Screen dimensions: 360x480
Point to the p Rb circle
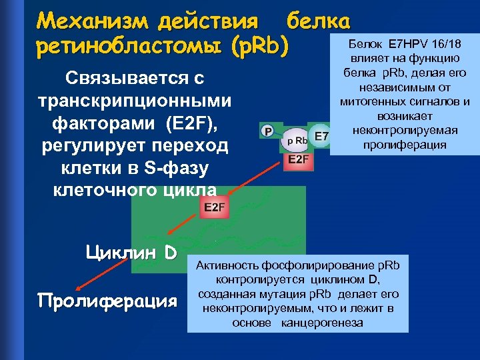(x=296, y=141)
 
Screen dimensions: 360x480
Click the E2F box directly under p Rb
(x=298, y=159)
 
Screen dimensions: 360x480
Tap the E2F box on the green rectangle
(x=215, y=207)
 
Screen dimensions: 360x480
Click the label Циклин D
(x=131, y=253)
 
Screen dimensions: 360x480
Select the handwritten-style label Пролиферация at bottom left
(x=108, y=300)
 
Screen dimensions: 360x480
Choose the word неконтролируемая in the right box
(x=401, y=132)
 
